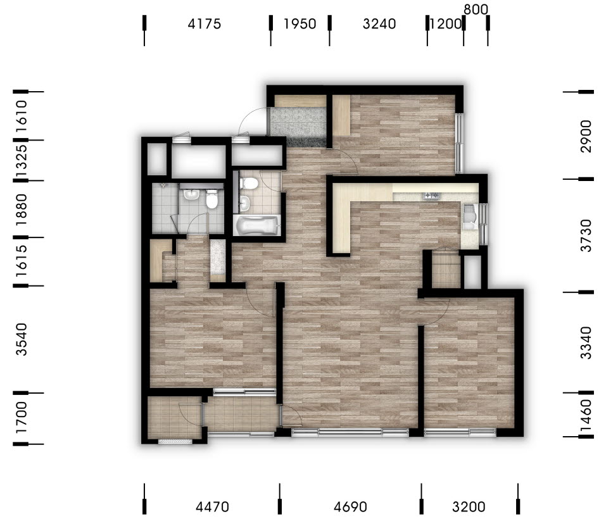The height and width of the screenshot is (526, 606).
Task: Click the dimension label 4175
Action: [x=204, y=24]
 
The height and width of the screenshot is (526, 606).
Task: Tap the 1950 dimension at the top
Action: [x=300, y=24]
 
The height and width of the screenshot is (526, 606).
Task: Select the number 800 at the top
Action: [x=476, y=9]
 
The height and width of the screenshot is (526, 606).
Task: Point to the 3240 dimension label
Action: [x=379, y=24]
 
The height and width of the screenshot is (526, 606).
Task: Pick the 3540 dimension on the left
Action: [x=22, y=339]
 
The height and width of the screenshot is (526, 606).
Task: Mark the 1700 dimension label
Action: [x=22, y=418]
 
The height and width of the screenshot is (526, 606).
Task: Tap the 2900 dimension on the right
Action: [x=586, y=136]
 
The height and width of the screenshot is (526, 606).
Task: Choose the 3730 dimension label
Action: [x=586, y=235]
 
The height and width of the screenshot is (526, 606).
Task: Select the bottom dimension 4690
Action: [x=350, y=506]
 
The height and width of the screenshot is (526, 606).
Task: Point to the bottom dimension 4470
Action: [x=212, y=506]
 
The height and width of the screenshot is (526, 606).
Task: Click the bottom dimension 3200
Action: [x=469, y=506]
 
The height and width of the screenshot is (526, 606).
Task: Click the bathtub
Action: [x=256, y=225]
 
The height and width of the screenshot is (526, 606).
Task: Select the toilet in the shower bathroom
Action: [x=211, y=199]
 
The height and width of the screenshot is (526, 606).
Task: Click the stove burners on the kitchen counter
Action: [x=432, y=196]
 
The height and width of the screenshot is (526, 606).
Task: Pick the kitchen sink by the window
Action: [x=469, y=216]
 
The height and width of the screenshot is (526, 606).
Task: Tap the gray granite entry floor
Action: [x=298, y=127]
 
